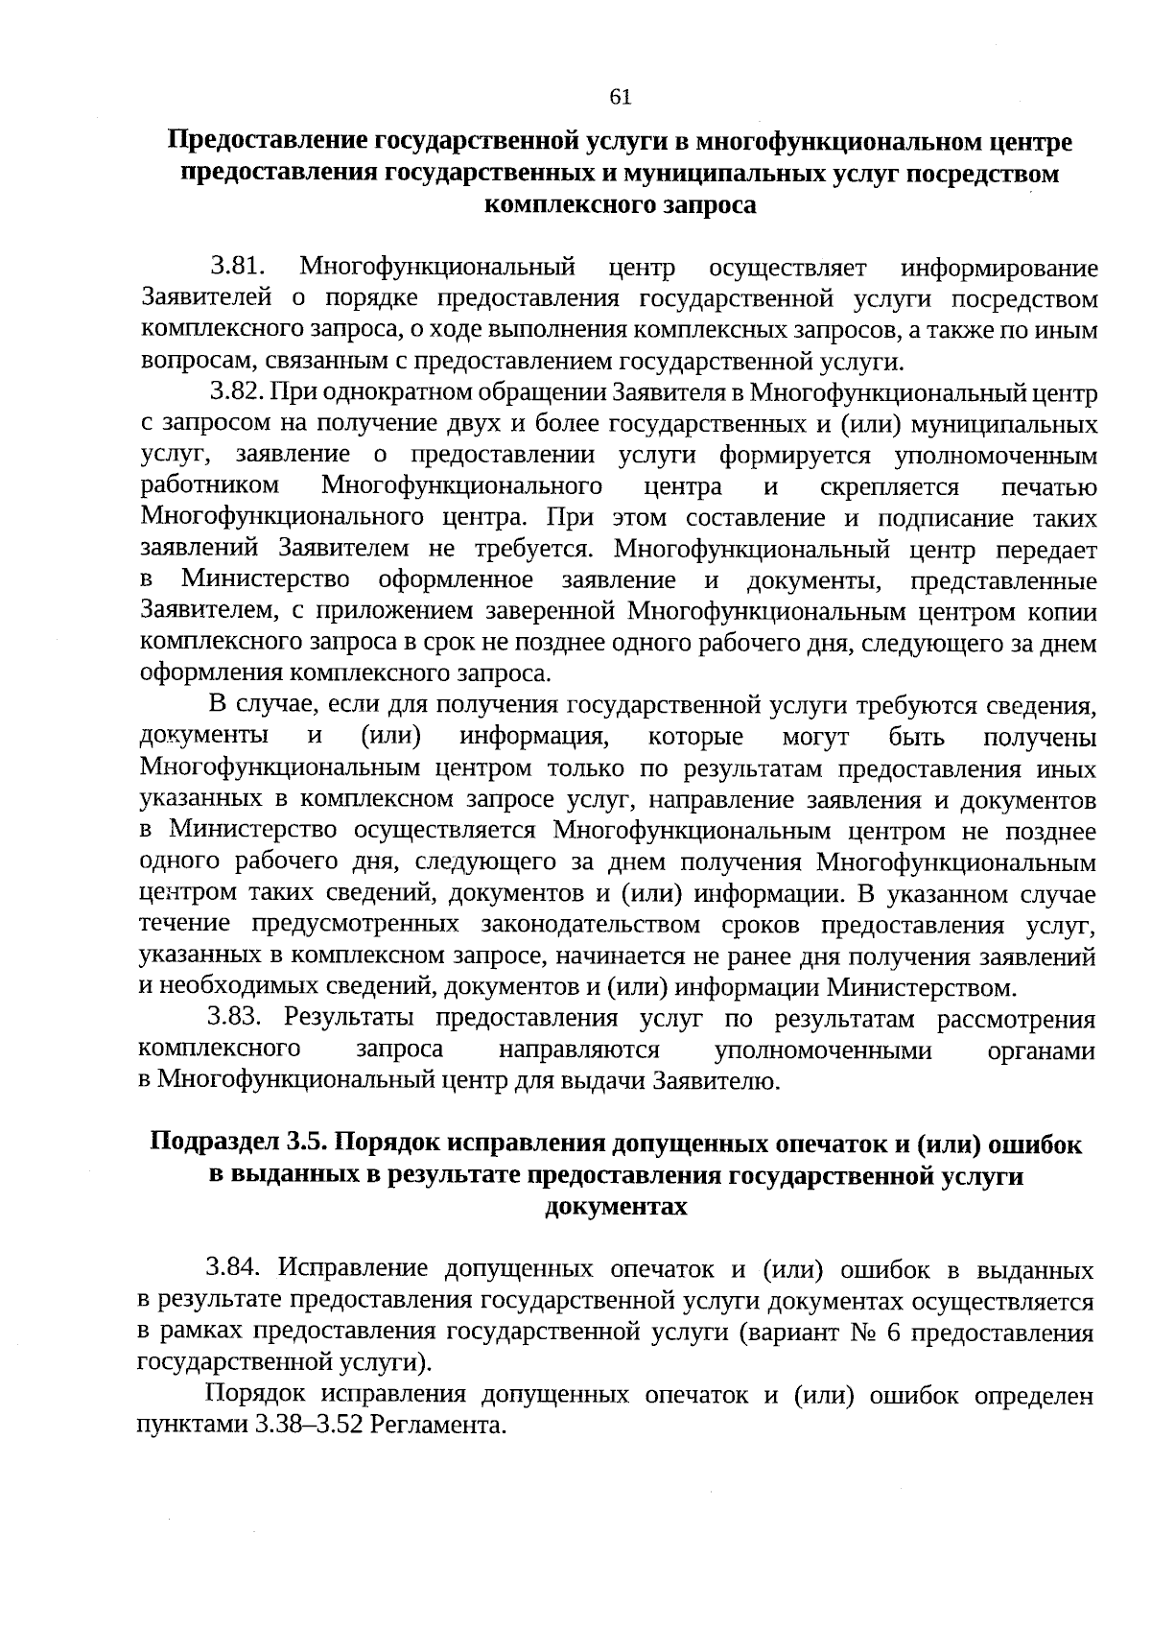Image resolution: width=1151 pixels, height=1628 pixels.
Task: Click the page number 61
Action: coord(620,97)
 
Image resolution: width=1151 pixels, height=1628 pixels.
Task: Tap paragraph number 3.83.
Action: coord(236,1018)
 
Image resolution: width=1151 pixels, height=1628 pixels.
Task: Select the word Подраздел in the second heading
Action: coord(214,1144)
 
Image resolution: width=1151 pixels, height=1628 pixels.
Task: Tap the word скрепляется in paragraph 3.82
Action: coord(889,486)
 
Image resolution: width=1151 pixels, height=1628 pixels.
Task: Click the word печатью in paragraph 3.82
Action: coord(1048,486)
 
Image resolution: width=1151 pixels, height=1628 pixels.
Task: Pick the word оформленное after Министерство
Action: coord(456,580)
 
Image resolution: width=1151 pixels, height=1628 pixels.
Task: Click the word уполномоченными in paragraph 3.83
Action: coord(823,1050)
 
